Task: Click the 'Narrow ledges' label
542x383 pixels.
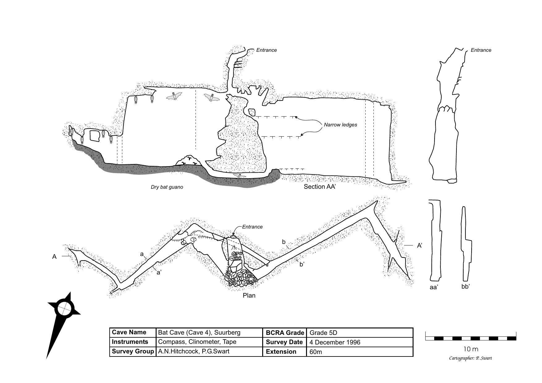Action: point(340,125)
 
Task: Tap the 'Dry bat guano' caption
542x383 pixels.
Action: point(167,187)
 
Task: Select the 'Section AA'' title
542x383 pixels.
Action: point(319,187)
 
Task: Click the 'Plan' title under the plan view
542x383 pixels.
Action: point(249,295)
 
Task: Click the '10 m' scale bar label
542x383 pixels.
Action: point(471,349)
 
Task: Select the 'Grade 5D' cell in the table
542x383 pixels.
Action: point(323,333)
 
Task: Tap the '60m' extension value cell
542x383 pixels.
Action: point(315,352)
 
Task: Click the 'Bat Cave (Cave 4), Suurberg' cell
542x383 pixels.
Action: point(199,333)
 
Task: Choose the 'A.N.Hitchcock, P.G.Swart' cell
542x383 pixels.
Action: point(194,352)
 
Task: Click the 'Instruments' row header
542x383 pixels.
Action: point(130,342)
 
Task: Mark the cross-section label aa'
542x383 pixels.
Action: point(434,287)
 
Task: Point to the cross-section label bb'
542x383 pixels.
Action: point(465,287)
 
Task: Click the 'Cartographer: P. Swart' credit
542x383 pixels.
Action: point(470,358)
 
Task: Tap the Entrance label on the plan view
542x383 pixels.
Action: point(252,227)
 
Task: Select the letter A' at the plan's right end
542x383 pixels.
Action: point(419,246)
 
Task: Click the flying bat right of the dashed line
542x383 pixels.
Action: point(212,98)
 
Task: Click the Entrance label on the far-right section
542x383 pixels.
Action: point(481,50)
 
